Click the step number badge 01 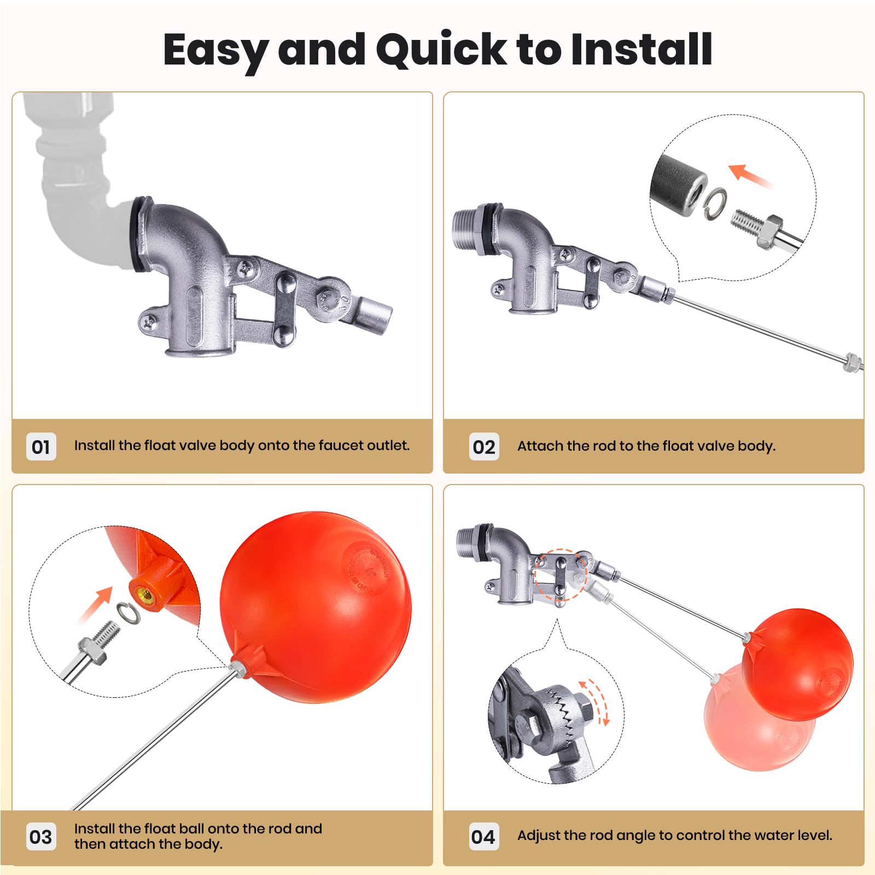tap(41, 447)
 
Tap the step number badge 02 tap(484, 447)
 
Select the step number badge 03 tap(41, 837)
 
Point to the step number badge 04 tap(483, 837)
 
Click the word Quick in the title tap(441, 50)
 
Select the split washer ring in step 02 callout tap(715, 204)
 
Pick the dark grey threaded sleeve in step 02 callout tap(678, 186)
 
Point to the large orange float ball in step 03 tap(317, 607)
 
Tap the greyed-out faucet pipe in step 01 tap(77, 180)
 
